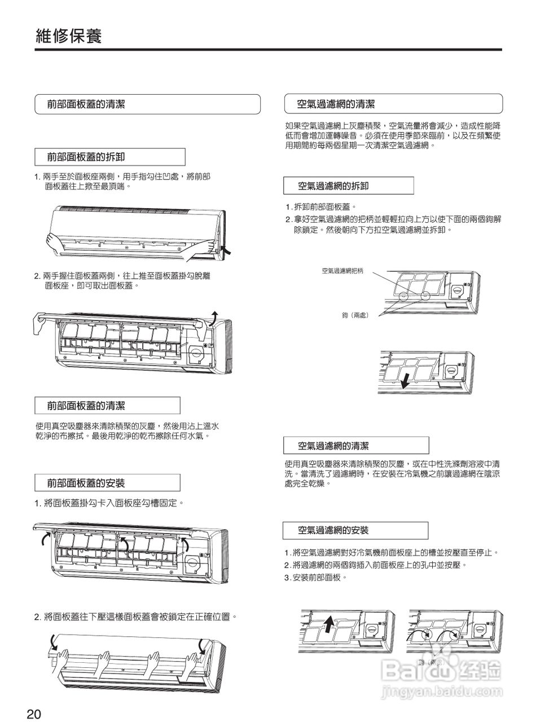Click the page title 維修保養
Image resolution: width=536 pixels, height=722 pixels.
[68, 36]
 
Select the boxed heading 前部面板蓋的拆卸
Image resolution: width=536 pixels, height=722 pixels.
[86, 157]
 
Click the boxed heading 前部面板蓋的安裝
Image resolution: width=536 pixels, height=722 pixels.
[86, 483]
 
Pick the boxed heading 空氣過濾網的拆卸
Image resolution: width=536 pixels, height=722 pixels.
[333, 186]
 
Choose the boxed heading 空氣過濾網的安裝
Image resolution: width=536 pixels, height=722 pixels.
[333, 530]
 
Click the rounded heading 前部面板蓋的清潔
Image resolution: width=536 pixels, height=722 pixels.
[86, 104]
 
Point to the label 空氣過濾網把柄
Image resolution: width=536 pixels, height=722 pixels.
[342, 271]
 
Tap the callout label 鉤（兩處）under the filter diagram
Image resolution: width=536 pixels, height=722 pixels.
[355, 315]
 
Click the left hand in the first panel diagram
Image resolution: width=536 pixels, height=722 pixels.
[56, 243]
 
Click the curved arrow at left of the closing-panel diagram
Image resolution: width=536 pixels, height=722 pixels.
[52, 641]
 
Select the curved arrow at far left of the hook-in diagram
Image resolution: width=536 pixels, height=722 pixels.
[45, 540]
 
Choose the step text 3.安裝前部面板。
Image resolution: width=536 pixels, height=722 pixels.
[315, 577]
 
